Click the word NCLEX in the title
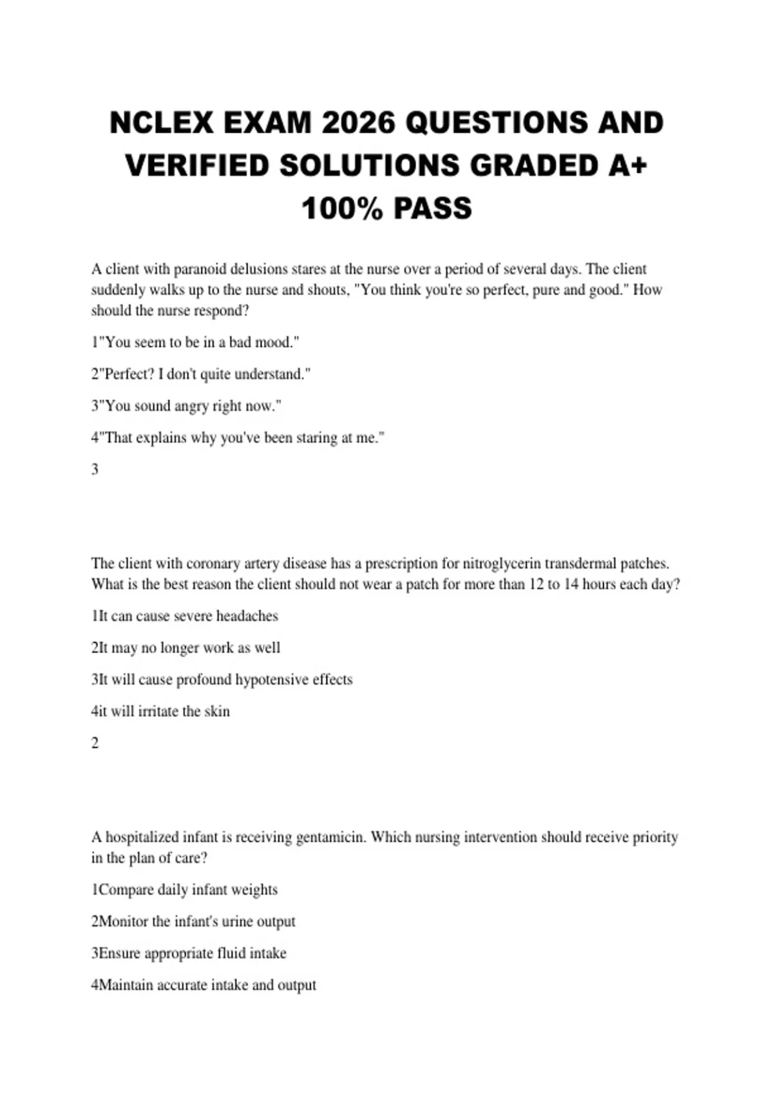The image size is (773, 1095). click(x=161, y=123)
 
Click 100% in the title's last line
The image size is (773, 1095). click(x=342, y=208)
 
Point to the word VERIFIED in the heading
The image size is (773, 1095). click(x=197, y=166)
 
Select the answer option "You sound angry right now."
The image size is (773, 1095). click(x=187, y=406)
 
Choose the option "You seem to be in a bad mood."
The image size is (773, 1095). click(x=196, y=342)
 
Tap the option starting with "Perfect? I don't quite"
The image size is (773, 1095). click(x=201, y=374)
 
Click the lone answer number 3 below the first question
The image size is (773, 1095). click(x=95, y=470)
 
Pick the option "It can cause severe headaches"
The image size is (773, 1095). click(x=185, y=616)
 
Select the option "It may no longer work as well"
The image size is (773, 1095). click(x=186, y=648)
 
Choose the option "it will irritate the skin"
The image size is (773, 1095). click(x=160, y=711)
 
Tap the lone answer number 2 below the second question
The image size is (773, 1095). click(x=95, y=743)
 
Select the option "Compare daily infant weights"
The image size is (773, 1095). click(x=185, y=890)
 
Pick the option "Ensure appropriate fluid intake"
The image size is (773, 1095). click(x=189, y=953)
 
